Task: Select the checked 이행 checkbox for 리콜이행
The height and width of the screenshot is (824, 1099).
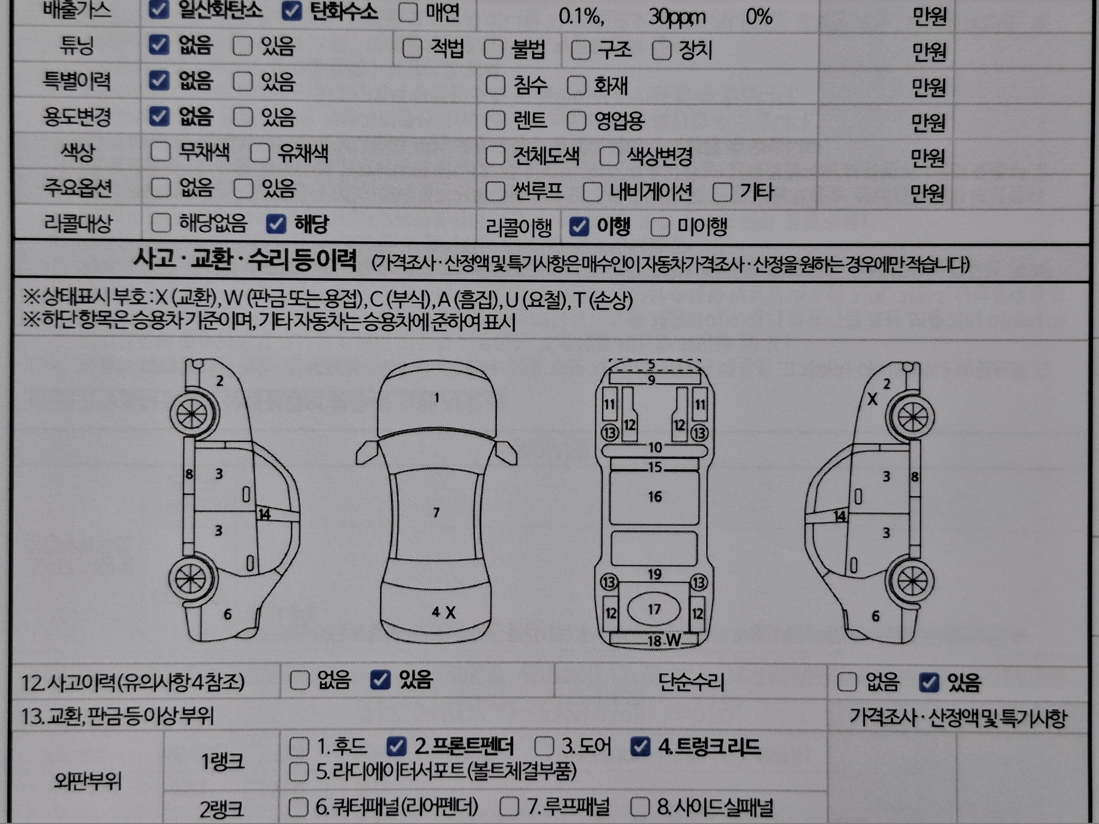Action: pyautogui.click(x=579, y=226)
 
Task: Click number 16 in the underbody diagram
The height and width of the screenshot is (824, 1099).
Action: pyautogui.click(x=655, y=496)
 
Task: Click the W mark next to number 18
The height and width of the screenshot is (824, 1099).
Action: pyautogui.click(x=673, y=640)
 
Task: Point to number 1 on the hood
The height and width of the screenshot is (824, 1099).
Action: pyautogui.click(x=437, y=397)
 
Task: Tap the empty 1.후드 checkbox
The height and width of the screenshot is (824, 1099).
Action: pyautogui.click(x=299, y=746)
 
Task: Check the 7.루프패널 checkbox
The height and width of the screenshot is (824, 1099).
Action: pyautogui.click(x=509, y=806)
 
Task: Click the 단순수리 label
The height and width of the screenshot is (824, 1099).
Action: pyautogui.click(x=691, y=682)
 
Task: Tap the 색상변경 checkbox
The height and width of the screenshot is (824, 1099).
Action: pyautogui.click(x=609, y=156)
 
